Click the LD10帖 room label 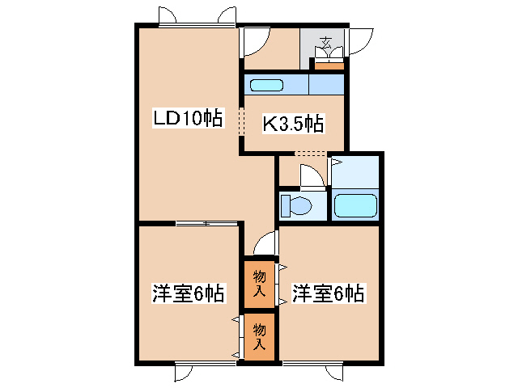pos(188,118)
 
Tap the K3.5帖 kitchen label pos(292,124)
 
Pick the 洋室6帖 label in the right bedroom pos(328,293)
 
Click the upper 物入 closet pos(260,283)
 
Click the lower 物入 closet pos(260,335)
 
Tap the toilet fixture pos(295,205)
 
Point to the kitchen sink pos(265,86)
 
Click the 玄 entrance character pos(327,42)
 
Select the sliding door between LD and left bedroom pos(207,222)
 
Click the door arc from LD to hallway pos(253,40)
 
